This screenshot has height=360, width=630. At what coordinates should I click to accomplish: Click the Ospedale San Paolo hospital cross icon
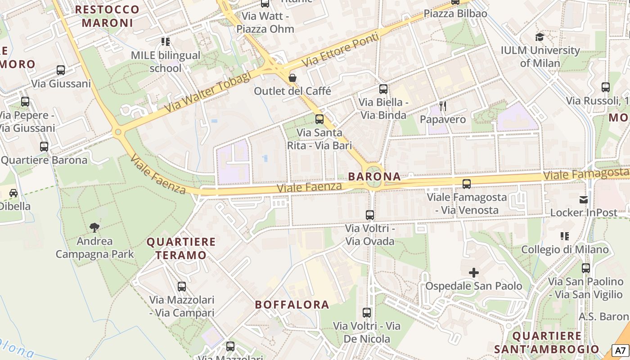point(473,272)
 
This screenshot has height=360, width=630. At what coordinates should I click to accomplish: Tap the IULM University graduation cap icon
point(540,37)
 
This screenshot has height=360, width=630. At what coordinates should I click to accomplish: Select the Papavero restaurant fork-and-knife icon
point(443,106)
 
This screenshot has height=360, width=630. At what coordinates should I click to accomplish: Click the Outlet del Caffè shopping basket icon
point(292,78)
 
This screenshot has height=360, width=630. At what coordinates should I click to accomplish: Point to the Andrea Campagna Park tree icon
point(94,227)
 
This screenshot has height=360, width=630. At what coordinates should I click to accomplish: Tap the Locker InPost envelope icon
point(584,199)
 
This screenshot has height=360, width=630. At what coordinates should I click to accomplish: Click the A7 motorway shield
point(620,351)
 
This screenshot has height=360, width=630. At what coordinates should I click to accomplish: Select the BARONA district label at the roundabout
point(374,176)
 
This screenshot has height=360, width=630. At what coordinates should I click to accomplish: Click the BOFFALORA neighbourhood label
point(292,305)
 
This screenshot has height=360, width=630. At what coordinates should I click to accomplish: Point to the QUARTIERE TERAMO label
point(181,248)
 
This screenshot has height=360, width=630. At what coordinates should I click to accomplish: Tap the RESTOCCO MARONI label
point(108,16)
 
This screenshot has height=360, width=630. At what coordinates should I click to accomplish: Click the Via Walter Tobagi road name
point(208,93)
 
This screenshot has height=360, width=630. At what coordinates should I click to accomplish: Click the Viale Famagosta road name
point(585,173)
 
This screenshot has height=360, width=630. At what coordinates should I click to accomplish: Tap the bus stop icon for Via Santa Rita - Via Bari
point(319,119)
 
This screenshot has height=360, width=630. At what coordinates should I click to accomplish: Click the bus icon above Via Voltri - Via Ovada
point(370,215)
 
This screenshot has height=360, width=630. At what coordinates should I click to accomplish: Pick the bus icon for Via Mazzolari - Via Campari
point(182,286)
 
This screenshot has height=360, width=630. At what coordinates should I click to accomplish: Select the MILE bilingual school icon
point(166,42)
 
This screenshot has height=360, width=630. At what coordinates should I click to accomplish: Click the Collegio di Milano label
point(565,249)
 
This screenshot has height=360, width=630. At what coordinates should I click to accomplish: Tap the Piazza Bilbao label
point(455,13)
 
